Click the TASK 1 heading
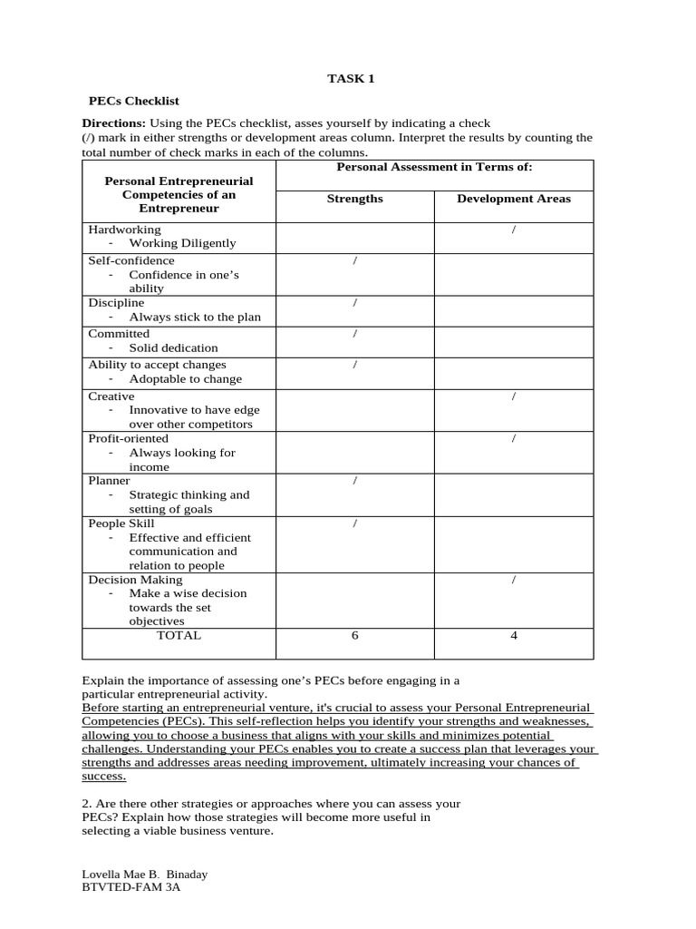[351, 79]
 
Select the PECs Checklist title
[133, 101]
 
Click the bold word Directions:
[114, 122]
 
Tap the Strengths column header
[354, 199]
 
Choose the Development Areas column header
[513, 199]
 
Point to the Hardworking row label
[124, 230]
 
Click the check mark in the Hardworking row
[514, 230]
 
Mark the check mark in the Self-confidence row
[354, 260]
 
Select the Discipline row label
[116, 302]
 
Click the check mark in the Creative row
[514, 396]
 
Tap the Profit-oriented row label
[128, 438]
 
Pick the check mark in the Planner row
[354, 481]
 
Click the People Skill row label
[121, 523]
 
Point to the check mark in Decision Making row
[514, 579]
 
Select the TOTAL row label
[179, 635]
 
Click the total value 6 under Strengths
[354, 635]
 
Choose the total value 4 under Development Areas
[514, 635]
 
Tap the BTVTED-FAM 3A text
[131, 888]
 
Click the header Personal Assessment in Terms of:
[434, 167]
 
